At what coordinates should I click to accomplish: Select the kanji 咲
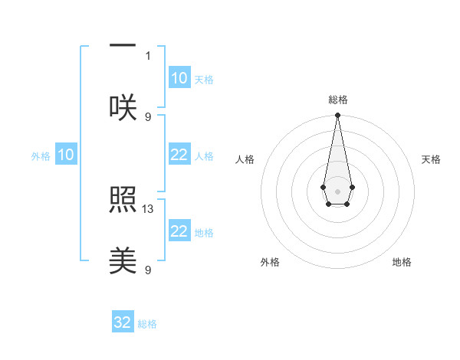coord(123,107)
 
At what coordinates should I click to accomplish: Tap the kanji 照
coord(123,201)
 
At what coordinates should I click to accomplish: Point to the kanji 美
coord(123,261)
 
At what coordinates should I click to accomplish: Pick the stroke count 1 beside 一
coord(149,55)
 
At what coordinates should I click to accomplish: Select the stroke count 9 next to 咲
coord(149,116)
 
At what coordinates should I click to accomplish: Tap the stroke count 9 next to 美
coord(149,270)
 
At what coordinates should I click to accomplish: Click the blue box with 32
coord(123,322)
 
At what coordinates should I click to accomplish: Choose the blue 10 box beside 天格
coord(179,78)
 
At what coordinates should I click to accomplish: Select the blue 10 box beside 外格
coord(66,155)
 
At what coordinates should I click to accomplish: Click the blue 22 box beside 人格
coord(179,155)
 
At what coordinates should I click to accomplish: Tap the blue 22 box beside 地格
coord(179,231)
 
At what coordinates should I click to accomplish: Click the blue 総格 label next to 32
coord(147,324)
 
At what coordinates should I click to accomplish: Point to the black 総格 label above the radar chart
coord(337,100)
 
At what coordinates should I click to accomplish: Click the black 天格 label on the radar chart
coord(431,159)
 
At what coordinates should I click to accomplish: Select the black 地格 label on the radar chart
coord(402,262)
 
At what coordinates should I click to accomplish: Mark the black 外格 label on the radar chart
coord(270,262)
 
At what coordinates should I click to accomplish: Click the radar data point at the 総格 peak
coord(337,116)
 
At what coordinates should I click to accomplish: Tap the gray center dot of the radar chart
coord(337,190)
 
